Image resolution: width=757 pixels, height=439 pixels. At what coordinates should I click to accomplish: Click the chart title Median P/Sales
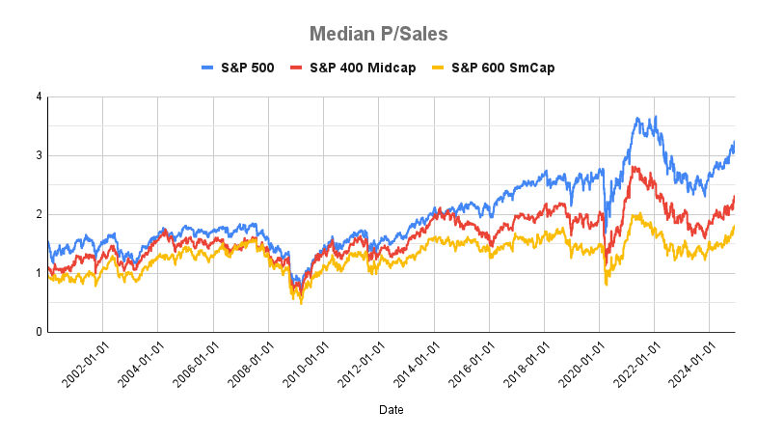(378, 34)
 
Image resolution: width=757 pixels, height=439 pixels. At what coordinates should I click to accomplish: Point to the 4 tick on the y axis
(38, 96)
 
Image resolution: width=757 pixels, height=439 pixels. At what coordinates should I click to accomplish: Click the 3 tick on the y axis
(38, 155)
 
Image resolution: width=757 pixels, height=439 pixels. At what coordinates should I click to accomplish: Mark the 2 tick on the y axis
(38, 214)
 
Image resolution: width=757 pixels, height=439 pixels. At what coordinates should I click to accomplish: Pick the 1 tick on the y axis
(38, 273)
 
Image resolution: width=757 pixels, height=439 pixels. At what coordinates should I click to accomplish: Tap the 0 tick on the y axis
(38, 332)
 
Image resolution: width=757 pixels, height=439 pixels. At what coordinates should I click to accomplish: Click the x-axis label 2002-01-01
(81, 363)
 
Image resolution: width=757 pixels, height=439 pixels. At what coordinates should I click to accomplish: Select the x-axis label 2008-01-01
(248, 363)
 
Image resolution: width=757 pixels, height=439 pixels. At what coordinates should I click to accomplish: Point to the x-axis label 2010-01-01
(303, 363)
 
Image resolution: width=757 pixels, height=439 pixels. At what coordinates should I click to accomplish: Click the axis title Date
(391, 410)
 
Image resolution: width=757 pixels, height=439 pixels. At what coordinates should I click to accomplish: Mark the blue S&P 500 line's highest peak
(656, 118)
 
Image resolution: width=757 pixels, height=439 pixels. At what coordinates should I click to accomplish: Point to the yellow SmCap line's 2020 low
(606, 284)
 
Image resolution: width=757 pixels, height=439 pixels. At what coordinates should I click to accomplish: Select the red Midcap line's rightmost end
(735, 197)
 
